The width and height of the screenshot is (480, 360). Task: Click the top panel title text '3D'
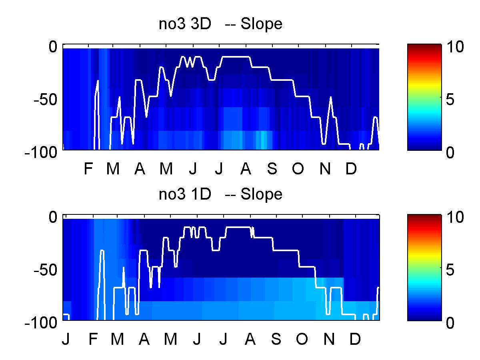pos(201,24)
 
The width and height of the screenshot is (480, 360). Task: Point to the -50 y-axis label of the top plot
pos(46,100)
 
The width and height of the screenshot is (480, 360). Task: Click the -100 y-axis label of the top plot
pos(41,152)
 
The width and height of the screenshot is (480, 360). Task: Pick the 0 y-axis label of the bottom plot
pos(53,217)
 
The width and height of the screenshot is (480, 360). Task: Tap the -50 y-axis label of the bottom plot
pos(46,270)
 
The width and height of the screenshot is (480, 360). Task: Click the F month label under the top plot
pos(88,168)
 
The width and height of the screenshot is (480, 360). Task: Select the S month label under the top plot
pos(272,168)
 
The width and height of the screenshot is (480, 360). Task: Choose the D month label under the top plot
pos(351,168)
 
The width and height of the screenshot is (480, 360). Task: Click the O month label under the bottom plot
pos(302,339)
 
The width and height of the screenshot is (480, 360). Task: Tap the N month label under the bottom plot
pos(329,339)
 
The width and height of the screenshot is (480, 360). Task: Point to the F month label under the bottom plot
pos(93,339)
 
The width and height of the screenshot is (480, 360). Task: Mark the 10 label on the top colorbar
pos(455,46)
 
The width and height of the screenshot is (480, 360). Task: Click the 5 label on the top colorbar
pos(450,100)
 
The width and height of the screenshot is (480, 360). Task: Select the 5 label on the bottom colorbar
pos(450,270)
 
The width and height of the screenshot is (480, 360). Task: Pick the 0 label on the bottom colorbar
pos(450,323)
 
